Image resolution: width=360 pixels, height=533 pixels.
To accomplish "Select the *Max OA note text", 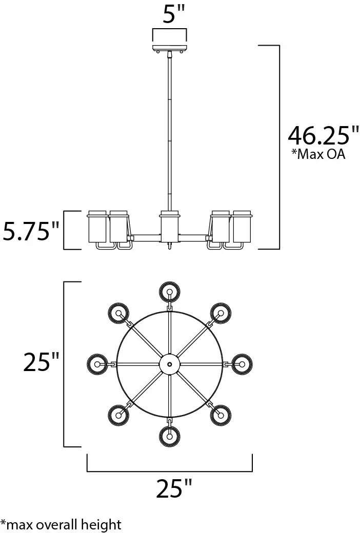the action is (x=318, y=154).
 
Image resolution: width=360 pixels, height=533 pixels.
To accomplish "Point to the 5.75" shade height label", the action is (x=31, y=231).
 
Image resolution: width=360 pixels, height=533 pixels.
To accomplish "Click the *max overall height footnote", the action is (x=61, y=524).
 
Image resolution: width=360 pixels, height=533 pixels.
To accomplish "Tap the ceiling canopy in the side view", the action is (x=170, y=48).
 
